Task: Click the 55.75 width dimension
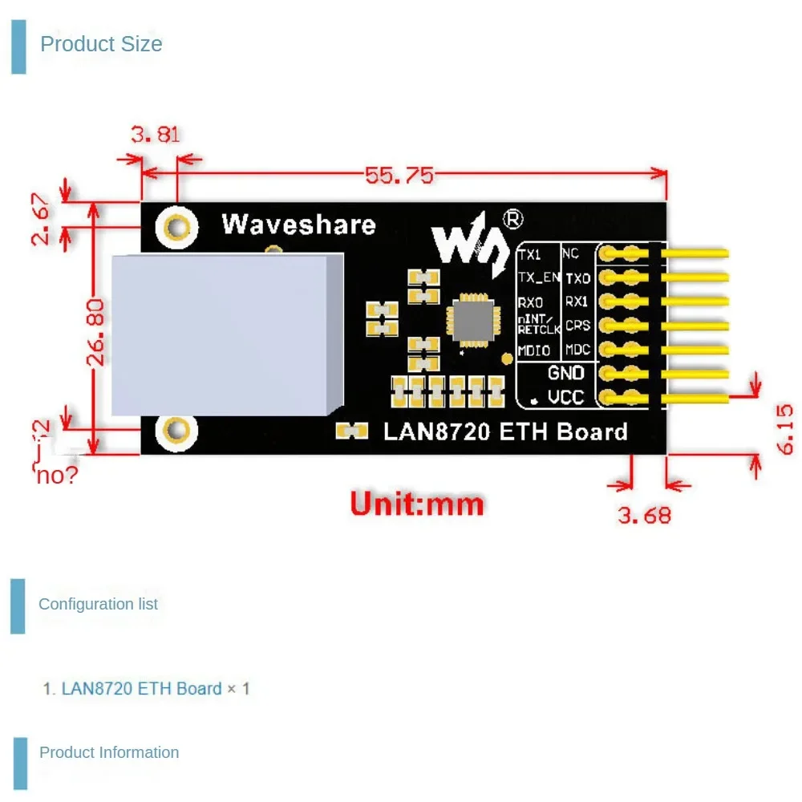tap(399, 175)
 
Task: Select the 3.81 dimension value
tap(156, 135)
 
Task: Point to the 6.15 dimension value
tap(785, 429)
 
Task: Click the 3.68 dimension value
tap(644, 514)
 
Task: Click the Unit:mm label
tap(417, 504)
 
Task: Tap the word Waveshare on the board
tap(298, 224)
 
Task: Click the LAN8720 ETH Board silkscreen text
tap(505, 431)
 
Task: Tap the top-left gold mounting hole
tap(177, 228)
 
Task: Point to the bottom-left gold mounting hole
tap(177, 431)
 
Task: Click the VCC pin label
tap(565, 397)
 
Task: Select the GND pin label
tap(565, 373)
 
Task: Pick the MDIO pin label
tap(534, 350)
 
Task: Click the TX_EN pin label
tap(538, 277)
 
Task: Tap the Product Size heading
tap(101, 44)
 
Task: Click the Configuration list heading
tap(99, 604)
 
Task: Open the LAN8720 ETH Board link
tap(141, 688)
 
